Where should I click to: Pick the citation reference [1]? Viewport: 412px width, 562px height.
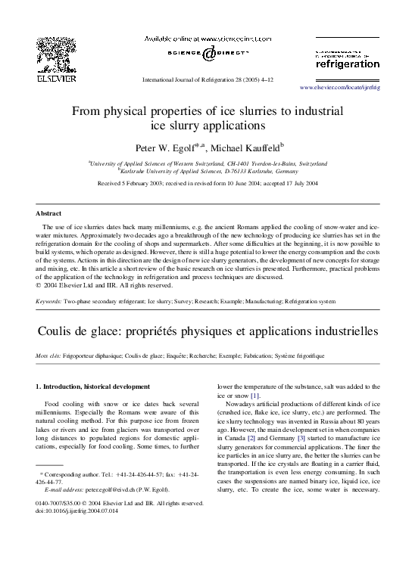(255, 396)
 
